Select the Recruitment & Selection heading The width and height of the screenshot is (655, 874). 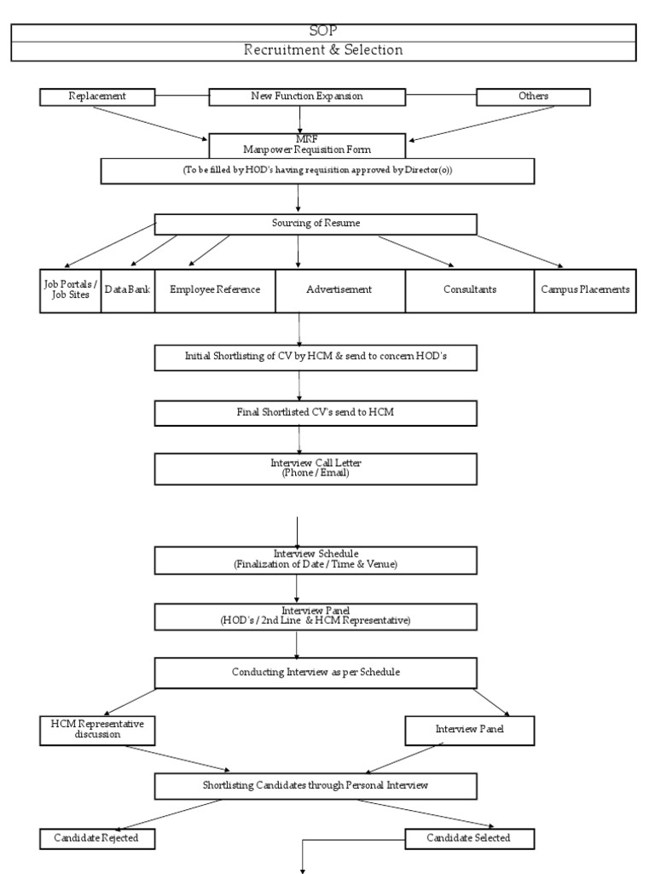tap(323, 50)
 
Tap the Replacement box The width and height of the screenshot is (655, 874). tap(97, 96)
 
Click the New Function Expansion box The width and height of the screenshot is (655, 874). tap(307, 96)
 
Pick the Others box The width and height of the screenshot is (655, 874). tap(533, 96)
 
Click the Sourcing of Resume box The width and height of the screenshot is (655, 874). tap(316, 224)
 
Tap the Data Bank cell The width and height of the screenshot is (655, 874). tap(128, 289)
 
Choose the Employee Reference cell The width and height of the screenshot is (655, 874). tap(214, 289)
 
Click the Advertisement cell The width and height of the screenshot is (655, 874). tap(339, 289)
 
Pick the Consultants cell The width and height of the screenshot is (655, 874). tap(469, 289)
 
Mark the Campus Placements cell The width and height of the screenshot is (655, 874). tap(585, 289)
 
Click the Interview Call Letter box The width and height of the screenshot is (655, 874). tap(316, 468)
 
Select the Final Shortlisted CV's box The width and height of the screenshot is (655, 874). tap(316, 412)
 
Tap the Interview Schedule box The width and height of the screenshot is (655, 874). tap(316, 559)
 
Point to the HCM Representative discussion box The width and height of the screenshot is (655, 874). tap(97, 729)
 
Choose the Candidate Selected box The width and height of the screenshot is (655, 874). tap(469, 838)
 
